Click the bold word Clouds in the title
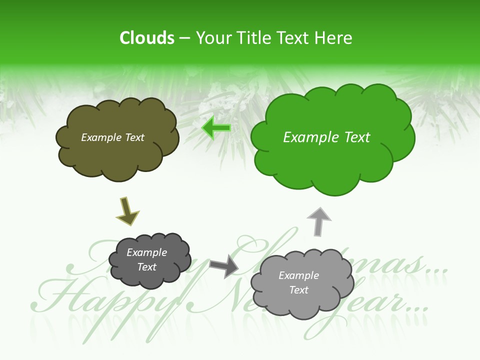(x=147, y=38)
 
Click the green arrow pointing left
(x=216, y=128)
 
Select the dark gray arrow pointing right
(x=223, y=265)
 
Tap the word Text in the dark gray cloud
(x=147, y=267)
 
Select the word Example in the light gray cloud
(x=298, y=275)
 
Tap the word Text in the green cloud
(x=357, y=137)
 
